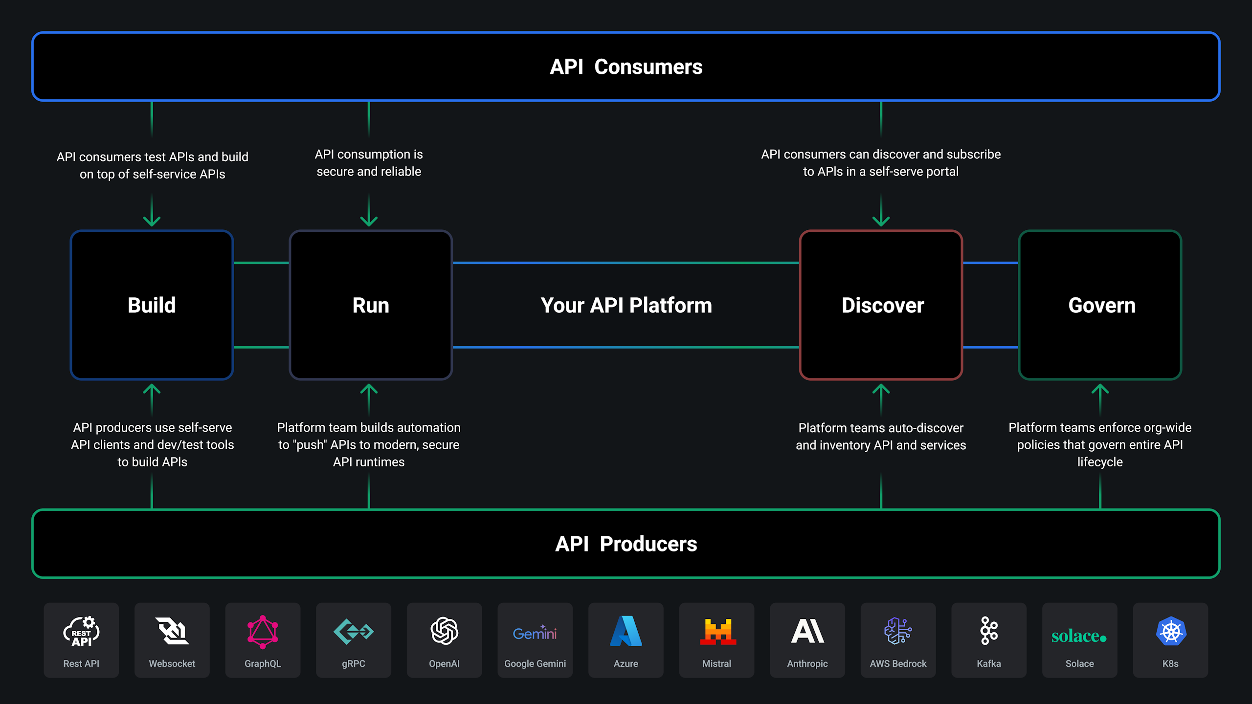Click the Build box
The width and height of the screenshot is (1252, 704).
[152, 305]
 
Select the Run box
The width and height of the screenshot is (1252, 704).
[371, 305]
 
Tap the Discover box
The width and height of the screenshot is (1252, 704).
[881, 305]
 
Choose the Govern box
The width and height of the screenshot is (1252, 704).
[1100, 305]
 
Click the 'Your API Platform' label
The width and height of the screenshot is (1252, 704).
[626, 306]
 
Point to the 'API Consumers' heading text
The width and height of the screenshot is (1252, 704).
[626, 67]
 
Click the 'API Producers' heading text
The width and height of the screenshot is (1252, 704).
[626, 544]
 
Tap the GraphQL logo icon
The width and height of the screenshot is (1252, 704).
[263, 632]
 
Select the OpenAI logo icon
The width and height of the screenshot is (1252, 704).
[444, 631]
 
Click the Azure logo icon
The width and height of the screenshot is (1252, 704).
[626, 631]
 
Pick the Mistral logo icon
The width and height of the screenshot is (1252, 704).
[717, 632]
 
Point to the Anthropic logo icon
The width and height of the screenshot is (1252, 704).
[807, 631]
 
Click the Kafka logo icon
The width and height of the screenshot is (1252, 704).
[989, 631]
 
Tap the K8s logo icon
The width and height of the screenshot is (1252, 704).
[1170, 632]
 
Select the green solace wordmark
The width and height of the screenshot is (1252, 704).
[1079, 636]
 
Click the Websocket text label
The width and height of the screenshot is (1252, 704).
[172, 663]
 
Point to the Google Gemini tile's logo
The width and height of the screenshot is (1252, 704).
[535, 633]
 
